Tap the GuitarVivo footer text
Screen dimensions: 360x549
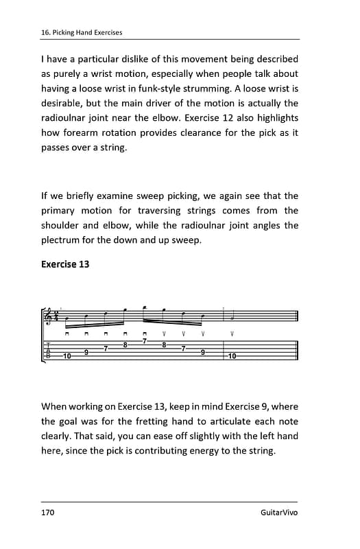tap(279, 513)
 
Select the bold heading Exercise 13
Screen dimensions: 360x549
tap(65, 264)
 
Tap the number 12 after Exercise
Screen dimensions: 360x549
tap(245, 118)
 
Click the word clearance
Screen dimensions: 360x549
tap(193, 132)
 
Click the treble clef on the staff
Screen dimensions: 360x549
tap(49, 316)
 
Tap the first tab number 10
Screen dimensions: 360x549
tap(67, 356)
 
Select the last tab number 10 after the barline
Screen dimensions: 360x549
tap(232, 356)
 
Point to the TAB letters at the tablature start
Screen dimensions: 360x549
tap(48, 349)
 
